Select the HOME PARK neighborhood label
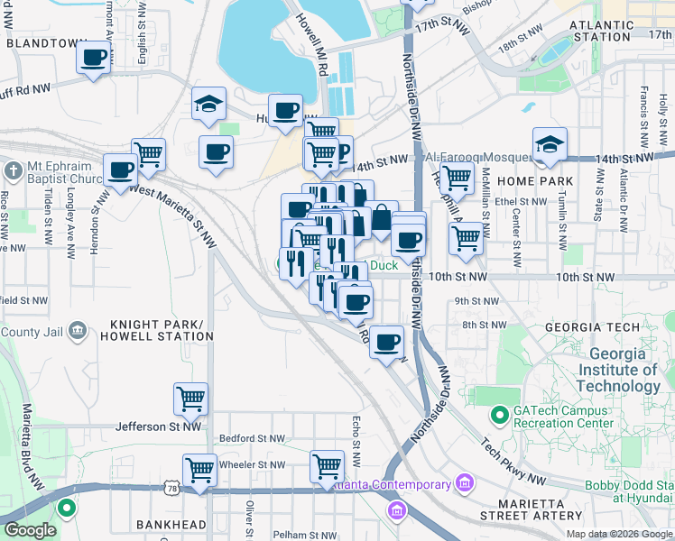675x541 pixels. point(541,181)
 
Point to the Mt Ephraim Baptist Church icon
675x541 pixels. point(13,170)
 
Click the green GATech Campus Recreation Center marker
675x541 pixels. point(498,415)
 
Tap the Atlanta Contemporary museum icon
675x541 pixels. point(465,483)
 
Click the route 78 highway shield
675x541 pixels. point(171,489)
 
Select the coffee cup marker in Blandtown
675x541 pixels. point(94,59)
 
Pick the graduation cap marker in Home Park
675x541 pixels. point(548,143)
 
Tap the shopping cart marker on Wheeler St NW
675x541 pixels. point(199,469)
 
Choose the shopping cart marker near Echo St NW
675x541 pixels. point(327,465)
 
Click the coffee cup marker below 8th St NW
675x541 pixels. point(387,342)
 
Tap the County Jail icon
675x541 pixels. point(78,332)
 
